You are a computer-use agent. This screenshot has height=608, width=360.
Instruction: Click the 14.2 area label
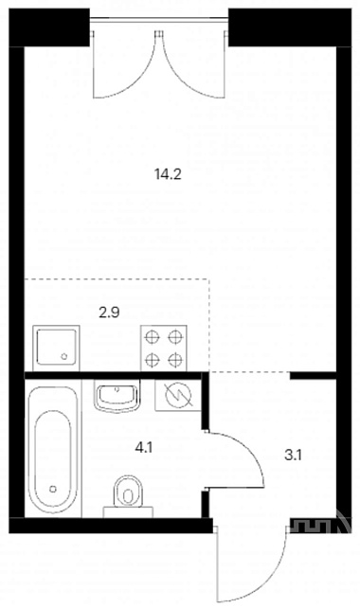click(168, 175)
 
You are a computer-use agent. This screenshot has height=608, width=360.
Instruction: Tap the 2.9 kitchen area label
click(109, 313)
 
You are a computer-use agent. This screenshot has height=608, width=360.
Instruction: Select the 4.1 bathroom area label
click(144, 448)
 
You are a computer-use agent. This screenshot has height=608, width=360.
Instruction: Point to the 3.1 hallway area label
click(293, 456)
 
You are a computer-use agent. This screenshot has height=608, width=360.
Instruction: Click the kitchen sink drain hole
click(64, 356)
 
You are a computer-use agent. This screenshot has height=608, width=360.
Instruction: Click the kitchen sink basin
click(56, 347)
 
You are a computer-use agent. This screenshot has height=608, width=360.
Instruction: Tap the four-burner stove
click(163, 349)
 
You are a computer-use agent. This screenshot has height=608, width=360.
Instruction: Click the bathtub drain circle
click(53, 490)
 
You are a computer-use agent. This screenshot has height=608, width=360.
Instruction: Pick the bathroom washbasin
click(117, 395)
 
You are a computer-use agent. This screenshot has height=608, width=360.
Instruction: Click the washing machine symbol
click(178, 395)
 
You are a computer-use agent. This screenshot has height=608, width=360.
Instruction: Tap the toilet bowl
click(128, 491)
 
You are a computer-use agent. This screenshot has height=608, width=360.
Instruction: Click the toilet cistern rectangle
click(128, 511)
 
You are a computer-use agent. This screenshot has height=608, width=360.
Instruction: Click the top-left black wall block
click(49, 27)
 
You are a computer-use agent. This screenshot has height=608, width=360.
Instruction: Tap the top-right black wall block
click(290, 27)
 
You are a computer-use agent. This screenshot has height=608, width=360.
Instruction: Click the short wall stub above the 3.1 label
click(313, 375)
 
